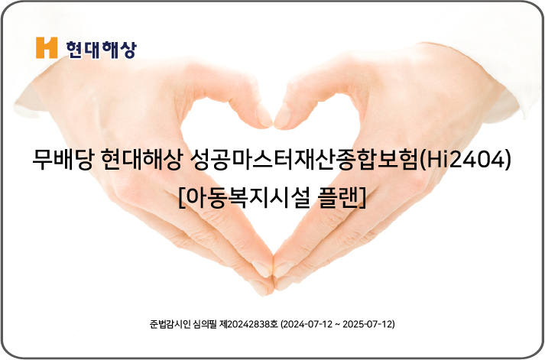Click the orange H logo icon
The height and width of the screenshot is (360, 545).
coord(47,47)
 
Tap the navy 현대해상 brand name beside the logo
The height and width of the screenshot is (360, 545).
coord(101,50)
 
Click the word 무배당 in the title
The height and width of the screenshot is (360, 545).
coord(63,161)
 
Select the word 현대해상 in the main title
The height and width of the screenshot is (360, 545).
coord(142,161)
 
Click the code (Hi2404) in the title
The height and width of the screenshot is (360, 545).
coord(466,160)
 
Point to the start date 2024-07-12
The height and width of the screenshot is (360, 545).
coord(308,324)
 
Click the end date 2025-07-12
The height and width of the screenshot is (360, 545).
coord(368,324)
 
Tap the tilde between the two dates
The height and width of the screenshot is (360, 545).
coord(338,325)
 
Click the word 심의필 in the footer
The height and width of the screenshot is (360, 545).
coord(206,324)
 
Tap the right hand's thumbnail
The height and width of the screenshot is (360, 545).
coord(282,116)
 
